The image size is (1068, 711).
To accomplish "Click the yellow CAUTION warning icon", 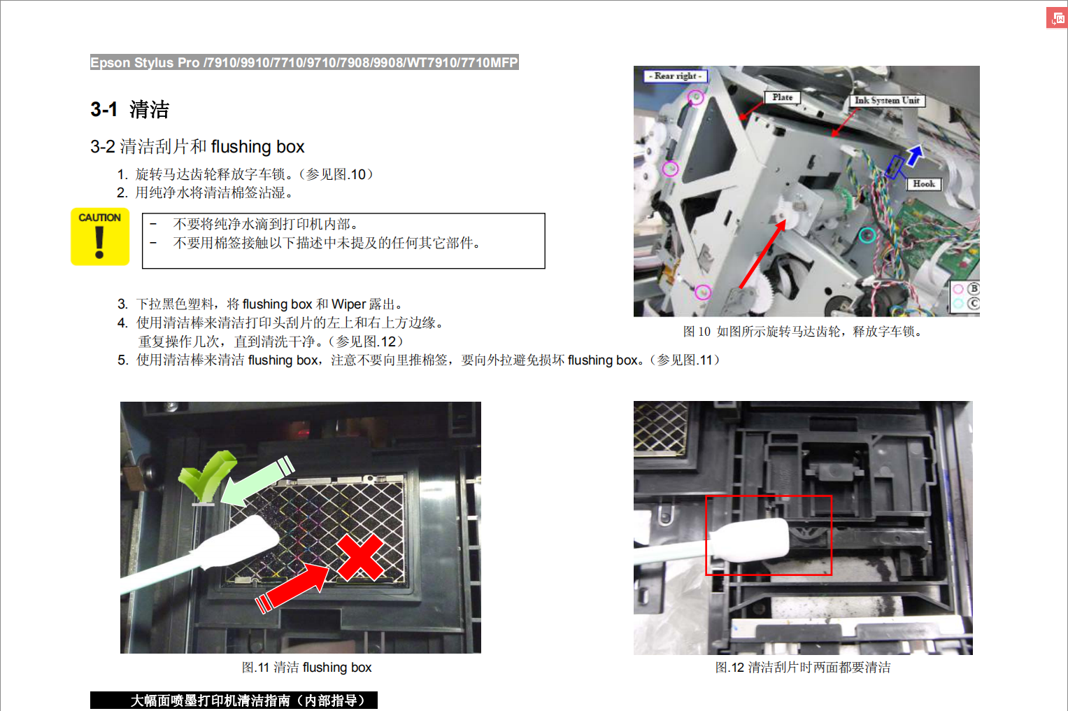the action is click(100, 237).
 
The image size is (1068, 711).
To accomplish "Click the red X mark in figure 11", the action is click(360, 557).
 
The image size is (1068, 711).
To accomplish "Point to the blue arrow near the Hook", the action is click(914, 156).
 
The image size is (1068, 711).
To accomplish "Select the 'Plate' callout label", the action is click(783, 97).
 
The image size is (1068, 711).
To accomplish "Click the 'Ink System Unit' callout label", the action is click(887, 101).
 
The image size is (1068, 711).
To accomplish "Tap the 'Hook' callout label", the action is click(923, 184).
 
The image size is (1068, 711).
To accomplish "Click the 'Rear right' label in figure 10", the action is click(675, 76).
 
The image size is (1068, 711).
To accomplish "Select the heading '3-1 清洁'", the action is click(129, 109).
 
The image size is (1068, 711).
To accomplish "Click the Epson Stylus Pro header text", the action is click(304, 62).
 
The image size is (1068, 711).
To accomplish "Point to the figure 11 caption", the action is click(306, 667).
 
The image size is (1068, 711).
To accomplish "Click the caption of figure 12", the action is click(803, 667).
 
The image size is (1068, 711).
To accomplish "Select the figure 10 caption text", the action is click(803, 331).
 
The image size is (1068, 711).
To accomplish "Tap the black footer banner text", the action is click(248, 701).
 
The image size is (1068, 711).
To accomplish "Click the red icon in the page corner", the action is click(1057, 19).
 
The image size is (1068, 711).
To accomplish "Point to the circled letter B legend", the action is click(973, 289).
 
